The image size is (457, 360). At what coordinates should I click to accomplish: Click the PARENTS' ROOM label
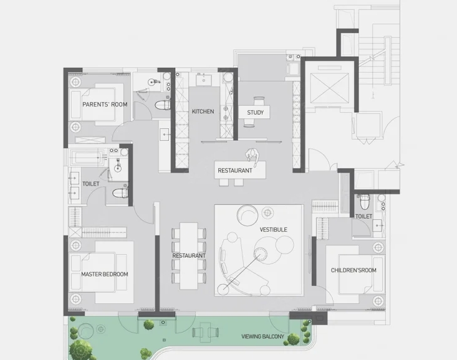[105, 104]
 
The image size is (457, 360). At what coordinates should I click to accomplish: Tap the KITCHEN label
[203, 111]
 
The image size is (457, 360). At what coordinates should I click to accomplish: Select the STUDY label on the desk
[256, 113]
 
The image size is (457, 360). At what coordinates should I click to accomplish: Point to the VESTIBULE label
[273, 229]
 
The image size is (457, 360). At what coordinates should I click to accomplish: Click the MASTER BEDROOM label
[105, 274]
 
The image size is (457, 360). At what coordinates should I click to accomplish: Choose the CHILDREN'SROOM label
[354, 270]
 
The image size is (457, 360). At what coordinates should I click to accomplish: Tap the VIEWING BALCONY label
[262, 336]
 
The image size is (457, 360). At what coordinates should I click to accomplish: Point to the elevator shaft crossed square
[330, 88]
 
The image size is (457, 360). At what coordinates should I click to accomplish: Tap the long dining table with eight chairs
[189, 256]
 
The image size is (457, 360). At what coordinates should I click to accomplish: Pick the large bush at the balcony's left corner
[80, 349]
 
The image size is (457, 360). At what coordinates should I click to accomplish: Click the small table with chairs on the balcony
[206, 332]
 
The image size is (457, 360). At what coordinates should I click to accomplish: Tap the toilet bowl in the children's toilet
[365, 202]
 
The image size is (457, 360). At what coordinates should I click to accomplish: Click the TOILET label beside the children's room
[363, 216]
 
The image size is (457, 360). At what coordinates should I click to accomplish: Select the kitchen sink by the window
[203, 80]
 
